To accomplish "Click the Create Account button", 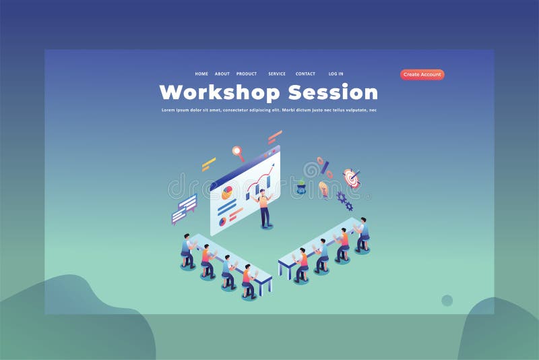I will (422, 75).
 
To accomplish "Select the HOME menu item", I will (201, 74).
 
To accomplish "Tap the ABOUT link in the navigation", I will (222, 74).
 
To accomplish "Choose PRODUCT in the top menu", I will (247, 74).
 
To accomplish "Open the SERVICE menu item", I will (277, 74).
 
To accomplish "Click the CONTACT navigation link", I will (305, 74).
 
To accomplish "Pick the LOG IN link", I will (336, 74).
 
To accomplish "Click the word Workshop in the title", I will (220, 92).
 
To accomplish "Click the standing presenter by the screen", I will (265, 208).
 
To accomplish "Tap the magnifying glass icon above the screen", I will (236, 152).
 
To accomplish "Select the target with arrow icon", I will (351, 177).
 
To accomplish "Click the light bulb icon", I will (324, 189).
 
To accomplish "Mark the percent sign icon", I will (324, 166).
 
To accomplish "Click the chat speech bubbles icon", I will (184, 209).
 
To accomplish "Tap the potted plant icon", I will (301, 187).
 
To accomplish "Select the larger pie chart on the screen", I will (226, 193).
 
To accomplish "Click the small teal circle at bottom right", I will (447, 300).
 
